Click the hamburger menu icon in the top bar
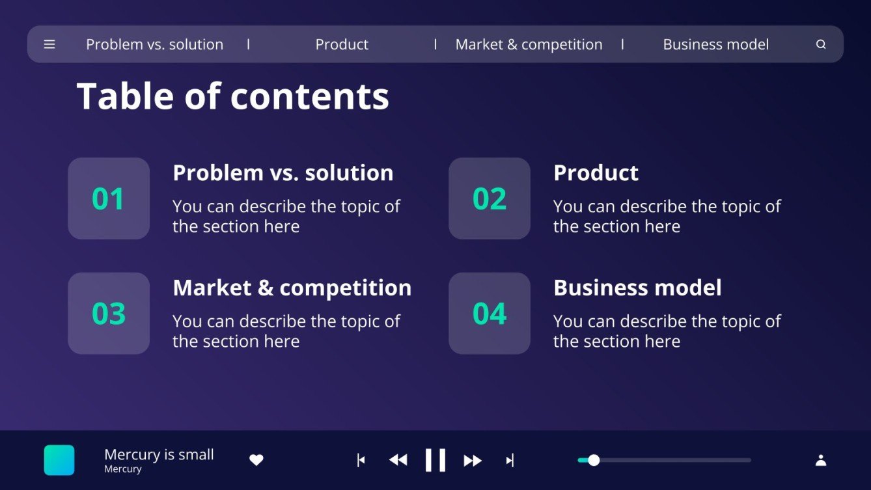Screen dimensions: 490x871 click(49, 44)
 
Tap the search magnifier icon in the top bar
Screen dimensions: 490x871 click(821, 44)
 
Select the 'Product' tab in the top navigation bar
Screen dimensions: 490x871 click(342, 44)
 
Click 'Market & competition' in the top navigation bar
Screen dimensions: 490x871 click(529, 44)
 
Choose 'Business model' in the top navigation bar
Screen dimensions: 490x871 click(715, 44)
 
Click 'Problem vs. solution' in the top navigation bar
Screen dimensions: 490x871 click(154, 44)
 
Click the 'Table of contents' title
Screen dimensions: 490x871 click(232, 96)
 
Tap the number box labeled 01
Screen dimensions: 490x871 click(109, 198)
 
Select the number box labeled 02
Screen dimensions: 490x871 click(490, 198)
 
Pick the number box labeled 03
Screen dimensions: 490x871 click(109, 313)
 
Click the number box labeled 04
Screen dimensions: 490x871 click(490, 313)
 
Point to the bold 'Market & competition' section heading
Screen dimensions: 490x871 click(292, 288)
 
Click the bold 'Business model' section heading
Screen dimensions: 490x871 click(637, 288)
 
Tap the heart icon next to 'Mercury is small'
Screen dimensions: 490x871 click(256, 460)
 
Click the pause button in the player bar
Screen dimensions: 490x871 click(435, 460)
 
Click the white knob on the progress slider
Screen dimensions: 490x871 click(594, 460)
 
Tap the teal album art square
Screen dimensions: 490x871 click(59, 460)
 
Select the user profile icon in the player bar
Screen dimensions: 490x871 click(821, 460)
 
